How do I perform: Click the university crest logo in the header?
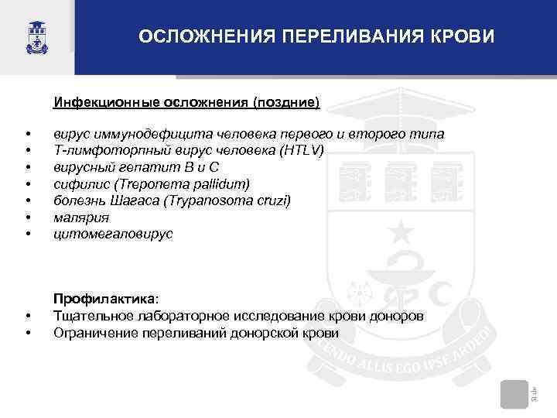tap(36, 36)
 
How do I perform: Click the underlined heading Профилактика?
tap(104, 299)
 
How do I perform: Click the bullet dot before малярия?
tap(27, 218)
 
